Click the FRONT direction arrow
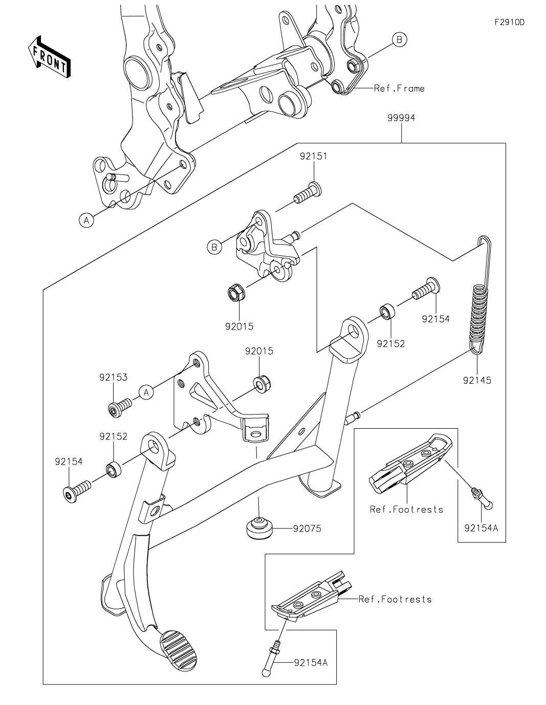pyautogui.click(x=49, y=57)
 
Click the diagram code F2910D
pyautogui.click(x=509, y=22)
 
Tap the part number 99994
pyautogui.click(x=401, y=118)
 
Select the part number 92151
pyautogui.click(x=313, y=157)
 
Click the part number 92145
pyautogui.click(x=477, y=380)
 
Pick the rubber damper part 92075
pyautogui.click(x=258, y=527)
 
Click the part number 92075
pyautogui.click(x=307, y=528)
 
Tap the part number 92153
pyautogui.click(x=113, y=377)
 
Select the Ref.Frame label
pyautogui.click(x=399, y=89)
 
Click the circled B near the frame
pyautogui.click(x=400, y=39)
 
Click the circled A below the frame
pyautogui.click(x=87, y=221)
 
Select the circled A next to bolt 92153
pyautogui.click(x=146, y=392)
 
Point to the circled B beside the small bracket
pyautogui.click(x=215, y=247)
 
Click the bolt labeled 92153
pyautogui.click(x=119, y=409)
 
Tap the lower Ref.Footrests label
pyautogui.click(x=395, y=599)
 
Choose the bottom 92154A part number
pyautogui.click(x=311, y=663)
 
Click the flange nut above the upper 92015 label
pyautogui.click(x=236, y=294)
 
